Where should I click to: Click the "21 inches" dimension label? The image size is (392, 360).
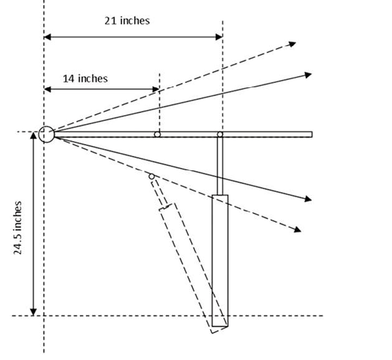tap(127, 21)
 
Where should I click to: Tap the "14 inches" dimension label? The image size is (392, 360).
tap(85, 79)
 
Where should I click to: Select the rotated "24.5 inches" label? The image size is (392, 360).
tap(17, 228)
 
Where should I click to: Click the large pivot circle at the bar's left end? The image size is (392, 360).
tap(47, 134)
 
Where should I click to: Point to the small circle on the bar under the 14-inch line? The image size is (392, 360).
tap(157, 134)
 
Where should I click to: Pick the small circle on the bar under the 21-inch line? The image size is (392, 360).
tap(220, 134)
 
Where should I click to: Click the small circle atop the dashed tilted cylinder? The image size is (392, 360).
tap(151, 177)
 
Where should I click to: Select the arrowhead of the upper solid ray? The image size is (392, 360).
tap(308, 75)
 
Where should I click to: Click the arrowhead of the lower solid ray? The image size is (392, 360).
tap(308, 199)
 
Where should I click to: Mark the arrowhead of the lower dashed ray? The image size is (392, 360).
tap(297, 229)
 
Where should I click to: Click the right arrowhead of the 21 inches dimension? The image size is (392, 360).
tap(219, 37)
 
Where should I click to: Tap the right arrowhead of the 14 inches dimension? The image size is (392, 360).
tap(156, 89)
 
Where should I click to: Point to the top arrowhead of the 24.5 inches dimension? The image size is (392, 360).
tap(33, 135)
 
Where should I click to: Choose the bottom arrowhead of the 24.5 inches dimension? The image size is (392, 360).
tap(33, 312)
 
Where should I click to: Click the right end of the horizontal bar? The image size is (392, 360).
tap(312, 134)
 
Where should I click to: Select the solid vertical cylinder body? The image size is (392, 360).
tap(220, 261)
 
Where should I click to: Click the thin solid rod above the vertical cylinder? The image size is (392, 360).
tap(220, 166)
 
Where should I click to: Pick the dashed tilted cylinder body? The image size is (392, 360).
tap(193, 268)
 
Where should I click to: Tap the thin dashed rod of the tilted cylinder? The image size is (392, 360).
tap(160, 193)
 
